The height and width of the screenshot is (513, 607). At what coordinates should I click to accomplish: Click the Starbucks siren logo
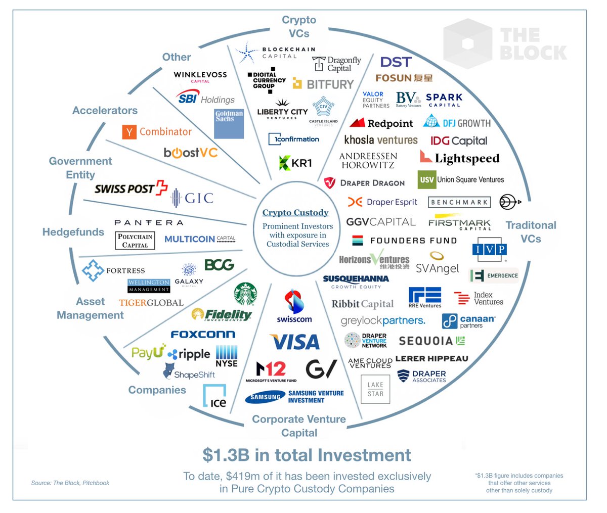click(x=245, y=294)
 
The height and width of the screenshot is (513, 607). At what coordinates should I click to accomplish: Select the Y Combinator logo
click(x=157, y=132)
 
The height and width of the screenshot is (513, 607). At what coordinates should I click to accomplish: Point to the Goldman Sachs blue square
click(x=229, y=123)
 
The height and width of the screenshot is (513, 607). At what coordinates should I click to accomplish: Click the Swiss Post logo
click(x=131, y=188)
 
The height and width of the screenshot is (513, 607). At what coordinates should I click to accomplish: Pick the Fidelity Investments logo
click(x=222, y=315)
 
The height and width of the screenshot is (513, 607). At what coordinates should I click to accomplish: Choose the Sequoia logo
click(x=431, y=341)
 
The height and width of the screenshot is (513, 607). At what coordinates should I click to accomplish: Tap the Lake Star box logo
click(x=375, y=389)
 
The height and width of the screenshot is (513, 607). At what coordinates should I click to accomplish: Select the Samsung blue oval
click(x=265, y=397)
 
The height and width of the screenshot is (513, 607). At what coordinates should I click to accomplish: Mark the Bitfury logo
click(x=323, y=84)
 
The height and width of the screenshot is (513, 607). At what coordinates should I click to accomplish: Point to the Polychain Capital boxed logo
click(x=135, y=241)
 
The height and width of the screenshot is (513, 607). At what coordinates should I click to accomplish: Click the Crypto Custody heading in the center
click(x=295, y=213)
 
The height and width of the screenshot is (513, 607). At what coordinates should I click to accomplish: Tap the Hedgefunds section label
click(x=73, y=232)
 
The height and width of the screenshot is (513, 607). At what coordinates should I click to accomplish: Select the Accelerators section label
click(x=105, y=111)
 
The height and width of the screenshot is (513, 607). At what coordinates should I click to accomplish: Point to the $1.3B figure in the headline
click(x=226, y=455)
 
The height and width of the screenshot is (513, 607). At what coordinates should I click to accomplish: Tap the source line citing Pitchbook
click(x=70, y=483)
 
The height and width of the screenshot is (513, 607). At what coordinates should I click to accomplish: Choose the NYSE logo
click(x=227, y=356)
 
